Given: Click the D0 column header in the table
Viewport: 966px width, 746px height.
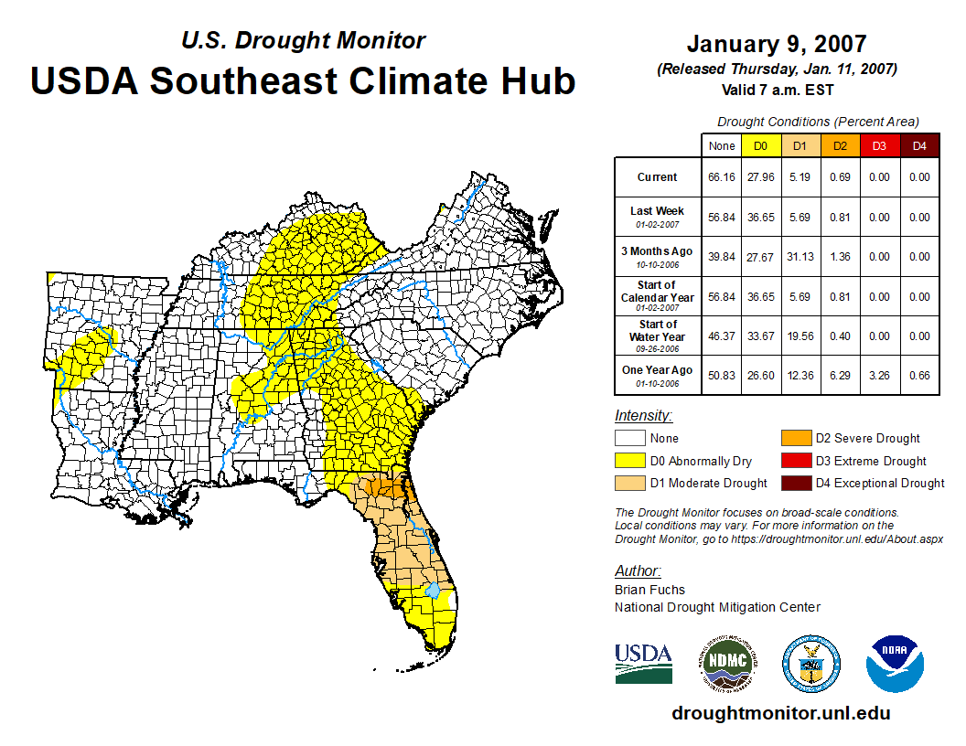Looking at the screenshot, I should [761, 145].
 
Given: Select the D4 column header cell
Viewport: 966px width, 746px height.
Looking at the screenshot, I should [919, 145].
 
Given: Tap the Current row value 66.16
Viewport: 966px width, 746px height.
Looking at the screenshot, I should [722, 177].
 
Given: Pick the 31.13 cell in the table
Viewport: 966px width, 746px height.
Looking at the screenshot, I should [800, 257].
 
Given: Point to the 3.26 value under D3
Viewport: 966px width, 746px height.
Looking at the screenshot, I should [880, 376].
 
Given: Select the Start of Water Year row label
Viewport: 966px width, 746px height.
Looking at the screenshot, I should [658, 336].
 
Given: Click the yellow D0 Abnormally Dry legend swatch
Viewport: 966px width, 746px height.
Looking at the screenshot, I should [630, 461].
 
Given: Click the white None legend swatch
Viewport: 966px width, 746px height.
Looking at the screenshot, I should [630, 439].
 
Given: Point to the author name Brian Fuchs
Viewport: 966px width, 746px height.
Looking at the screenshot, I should [649, 590].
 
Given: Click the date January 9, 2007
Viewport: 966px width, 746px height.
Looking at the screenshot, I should [777, 44].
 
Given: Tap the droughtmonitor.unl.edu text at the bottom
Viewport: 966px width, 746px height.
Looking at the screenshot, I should [780, 713].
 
